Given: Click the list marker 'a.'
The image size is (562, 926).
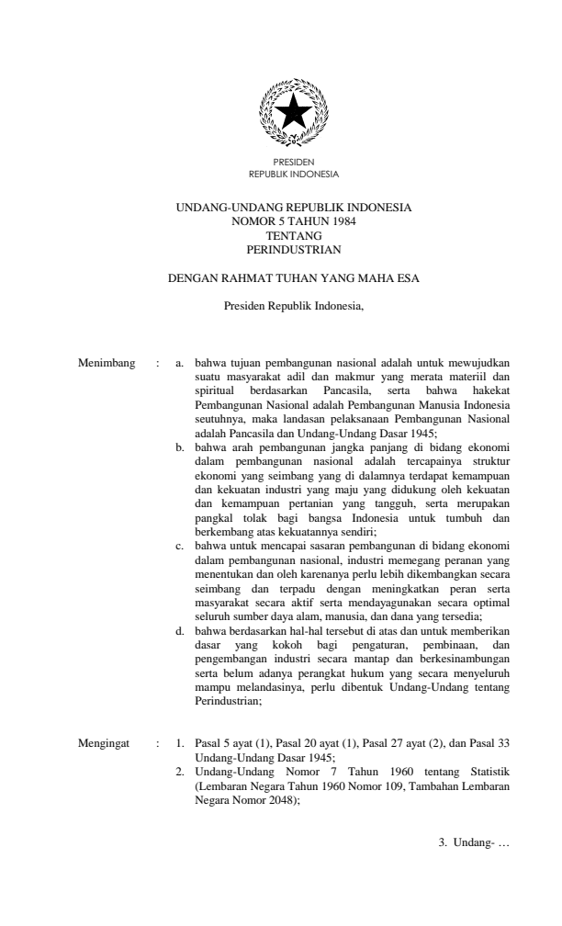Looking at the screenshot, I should [181, 364].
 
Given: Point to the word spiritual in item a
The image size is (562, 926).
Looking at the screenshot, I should [216, 390].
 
